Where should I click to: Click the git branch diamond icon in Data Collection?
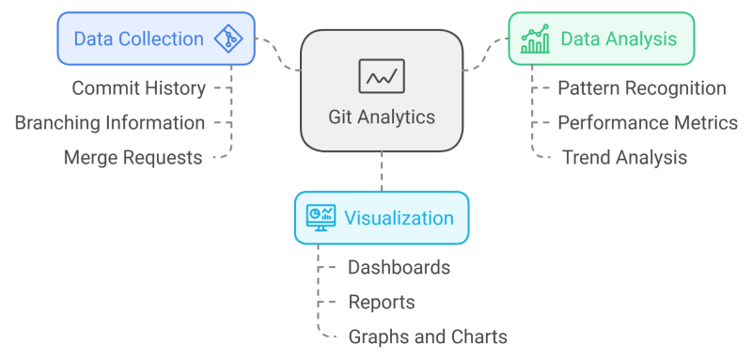pyautogui.click(x=227, y=39)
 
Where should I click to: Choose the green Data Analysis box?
pyautogui.click(x=602, y=39)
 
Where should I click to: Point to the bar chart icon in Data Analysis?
pyautogui.click(x=536, y=39)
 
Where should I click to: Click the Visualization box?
pyautogui.click(x=382, y=218)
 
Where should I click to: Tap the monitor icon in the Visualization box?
pyautogui.click(x=320, y=218)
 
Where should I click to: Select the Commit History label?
pyautogui.click(x=139, y=88)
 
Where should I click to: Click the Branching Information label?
pyautogui.click(x=110, y=123)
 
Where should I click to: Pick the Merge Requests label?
pyautogui.click(x=133, y=158)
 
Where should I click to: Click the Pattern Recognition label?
pyautogui.click(x=642, y=88)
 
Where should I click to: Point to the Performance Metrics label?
pyautogui.click(x=648, y=123)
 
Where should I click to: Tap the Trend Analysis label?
pyautogui.click(x=624, y=158)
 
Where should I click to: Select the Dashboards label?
pyautogui.click(x=399, y=268)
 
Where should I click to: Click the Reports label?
pyautogui.click(x=381, y=303)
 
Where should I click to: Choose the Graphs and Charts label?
pyautogui.click(x=428, y=337)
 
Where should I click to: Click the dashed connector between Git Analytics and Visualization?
pyautogui.click(x=382, y=172)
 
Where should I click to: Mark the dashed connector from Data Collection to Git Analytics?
pyautogui.click(x=278, y=55)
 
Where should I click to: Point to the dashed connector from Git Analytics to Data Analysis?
pyautogui.click(x=486, y=55)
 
